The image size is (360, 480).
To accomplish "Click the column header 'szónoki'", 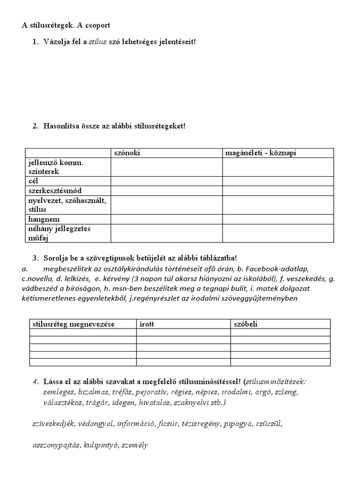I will (127, 153).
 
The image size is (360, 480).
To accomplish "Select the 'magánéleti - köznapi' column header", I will (261, 153).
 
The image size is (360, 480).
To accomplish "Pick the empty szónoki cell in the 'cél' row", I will (166, 181).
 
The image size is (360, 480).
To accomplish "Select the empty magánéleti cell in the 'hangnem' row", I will (278, 219).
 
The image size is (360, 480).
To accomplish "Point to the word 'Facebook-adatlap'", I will (278, 269).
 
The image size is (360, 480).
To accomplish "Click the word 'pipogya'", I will (237, 424).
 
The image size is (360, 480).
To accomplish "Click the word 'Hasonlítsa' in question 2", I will (61, 127).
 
